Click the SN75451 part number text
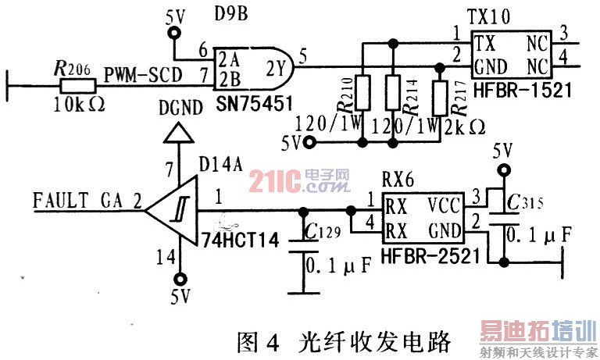tap(239, 102)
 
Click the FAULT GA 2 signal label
tap(87, 201)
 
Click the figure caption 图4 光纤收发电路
tap(342, 340)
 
